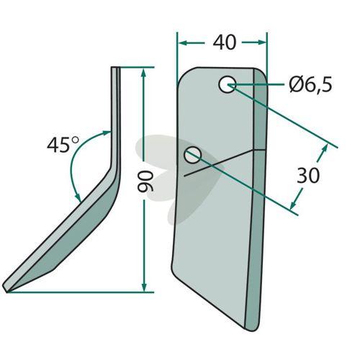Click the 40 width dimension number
(x=225, y=42)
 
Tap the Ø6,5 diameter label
(x=310, y=85)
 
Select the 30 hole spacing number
(x=308, y=176)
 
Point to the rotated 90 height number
(x=145, y=182)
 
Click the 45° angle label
(x=63, y=145)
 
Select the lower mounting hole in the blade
(x=192, y=155)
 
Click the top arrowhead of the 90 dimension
(x=143, y=73)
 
